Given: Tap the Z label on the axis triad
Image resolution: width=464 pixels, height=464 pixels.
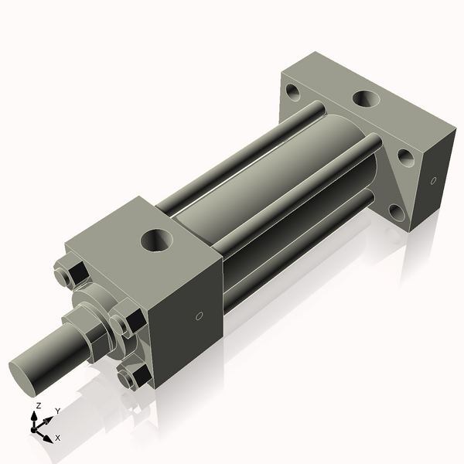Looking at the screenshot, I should pos(38,405).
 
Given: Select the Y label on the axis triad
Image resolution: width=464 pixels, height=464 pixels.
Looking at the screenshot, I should pos(57,411).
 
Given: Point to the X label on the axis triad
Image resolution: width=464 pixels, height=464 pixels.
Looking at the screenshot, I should pos(57,438).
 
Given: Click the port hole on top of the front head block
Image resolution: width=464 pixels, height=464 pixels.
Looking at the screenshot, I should pos(159,239).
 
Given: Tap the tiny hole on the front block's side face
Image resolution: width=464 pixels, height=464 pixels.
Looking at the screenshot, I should pos(199,316).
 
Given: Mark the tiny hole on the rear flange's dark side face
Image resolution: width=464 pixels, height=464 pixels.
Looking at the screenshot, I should pos(433,181).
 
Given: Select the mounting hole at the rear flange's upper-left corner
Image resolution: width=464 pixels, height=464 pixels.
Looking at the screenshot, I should pos(293,92).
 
